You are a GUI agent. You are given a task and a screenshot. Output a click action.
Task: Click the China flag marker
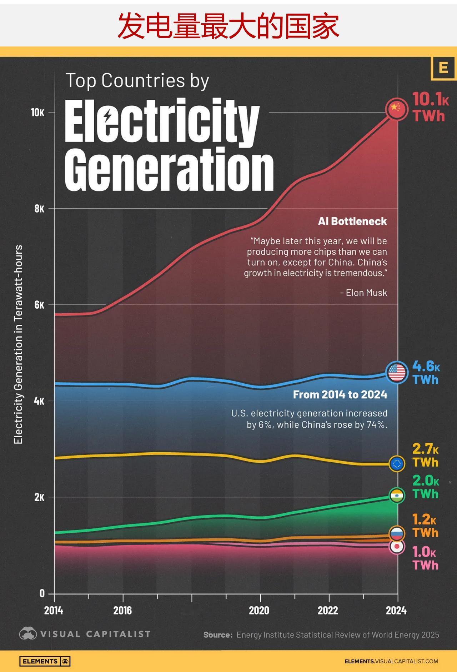point(396,109)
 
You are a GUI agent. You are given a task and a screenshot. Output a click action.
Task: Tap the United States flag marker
point(397,373)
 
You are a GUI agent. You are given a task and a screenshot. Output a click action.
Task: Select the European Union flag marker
point(397,464)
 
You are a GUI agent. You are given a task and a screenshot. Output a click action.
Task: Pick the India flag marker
point(397,496)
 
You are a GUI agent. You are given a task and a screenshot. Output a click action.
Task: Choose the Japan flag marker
point(397,547)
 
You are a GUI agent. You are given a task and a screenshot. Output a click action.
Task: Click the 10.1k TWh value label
point(430,107)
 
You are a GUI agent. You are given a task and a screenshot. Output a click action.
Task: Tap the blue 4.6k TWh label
point(426,373)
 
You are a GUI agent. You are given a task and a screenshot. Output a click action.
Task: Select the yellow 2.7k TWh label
point(425,456)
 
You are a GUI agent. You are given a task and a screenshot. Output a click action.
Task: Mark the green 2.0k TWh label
point(425,487)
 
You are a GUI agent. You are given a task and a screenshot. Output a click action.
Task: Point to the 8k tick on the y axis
point(39,209)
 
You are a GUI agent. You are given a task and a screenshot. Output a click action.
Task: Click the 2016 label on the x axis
point(122,611)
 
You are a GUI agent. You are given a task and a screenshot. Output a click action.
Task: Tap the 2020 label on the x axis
point(259,611)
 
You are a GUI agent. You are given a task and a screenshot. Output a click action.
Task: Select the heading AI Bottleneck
point(352,221)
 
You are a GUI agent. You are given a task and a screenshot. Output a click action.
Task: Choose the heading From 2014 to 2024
point(340,395)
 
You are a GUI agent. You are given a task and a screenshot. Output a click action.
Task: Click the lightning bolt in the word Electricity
point(107,116)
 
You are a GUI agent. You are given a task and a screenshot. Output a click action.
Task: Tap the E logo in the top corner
point(443,68)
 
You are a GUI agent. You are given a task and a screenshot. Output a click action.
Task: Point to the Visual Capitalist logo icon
point(28,634)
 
